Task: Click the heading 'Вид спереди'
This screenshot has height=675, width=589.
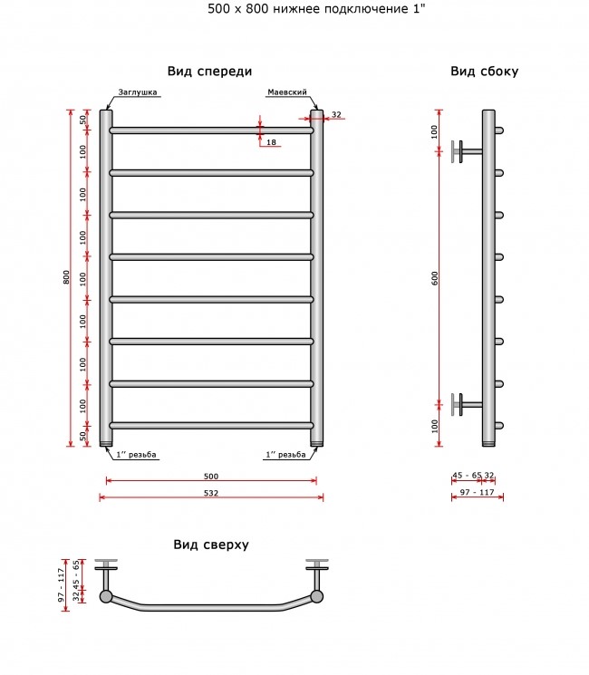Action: tap(209, 72)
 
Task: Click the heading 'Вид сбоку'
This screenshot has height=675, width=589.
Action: tap(485, 72)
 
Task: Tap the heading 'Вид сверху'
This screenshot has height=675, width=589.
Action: tap(211, 545)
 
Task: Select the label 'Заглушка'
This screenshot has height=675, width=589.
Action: tap(138, 92)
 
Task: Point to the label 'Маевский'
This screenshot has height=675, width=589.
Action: tap(287, 92)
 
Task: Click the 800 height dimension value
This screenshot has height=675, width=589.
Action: tap(66, 277)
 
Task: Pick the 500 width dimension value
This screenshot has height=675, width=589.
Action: tap(211, 476)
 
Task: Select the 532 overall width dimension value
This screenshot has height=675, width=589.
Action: tap(211, 493)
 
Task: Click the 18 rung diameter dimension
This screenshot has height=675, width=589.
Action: tap(271, 142)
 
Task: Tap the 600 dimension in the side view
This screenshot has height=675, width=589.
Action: tap(435, 278)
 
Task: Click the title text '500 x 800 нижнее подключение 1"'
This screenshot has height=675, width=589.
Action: tap(316, 9)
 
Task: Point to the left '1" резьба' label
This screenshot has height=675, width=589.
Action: tap(136, 455)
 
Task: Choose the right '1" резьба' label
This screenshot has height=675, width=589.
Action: tap(285, 455)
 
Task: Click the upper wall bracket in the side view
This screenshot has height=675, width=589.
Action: tap(467, 151)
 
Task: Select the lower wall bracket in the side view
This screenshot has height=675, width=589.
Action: tap(467, 404)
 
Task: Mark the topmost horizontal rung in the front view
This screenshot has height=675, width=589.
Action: tap(211, 130)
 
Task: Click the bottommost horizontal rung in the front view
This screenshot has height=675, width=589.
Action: tap(211, 425)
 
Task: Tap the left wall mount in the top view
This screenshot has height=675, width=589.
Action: tap(106, 574)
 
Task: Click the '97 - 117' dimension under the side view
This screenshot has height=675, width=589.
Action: tap(477, 492)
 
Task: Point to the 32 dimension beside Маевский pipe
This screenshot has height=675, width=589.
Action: tap(336, 114)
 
